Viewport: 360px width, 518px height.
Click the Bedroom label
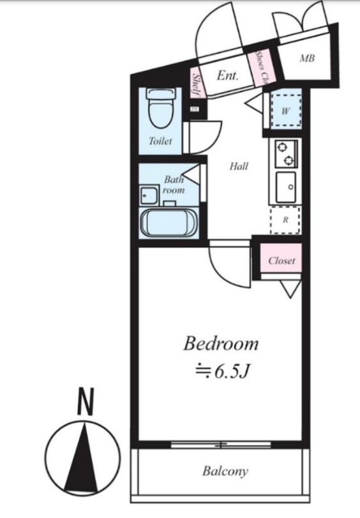(x=221, y=344)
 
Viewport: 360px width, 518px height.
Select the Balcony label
(x=225, y=472)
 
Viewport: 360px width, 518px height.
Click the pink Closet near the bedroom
(x=281, y=261)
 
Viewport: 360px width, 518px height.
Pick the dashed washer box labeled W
(x=285, y=110)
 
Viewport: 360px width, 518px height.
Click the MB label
(x=307, y=59)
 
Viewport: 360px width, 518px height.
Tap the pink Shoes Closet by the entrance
(x=262, y=68)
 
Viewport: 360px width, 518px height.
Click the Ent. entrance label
(x=227, y=75)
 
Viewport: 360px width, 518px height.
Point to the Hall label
(x=239, y=167)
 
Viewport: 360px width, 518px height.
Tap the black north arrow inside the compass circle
(x=82, y=456)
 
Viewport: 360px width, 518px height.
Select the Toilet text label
(x=160, y=141)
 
